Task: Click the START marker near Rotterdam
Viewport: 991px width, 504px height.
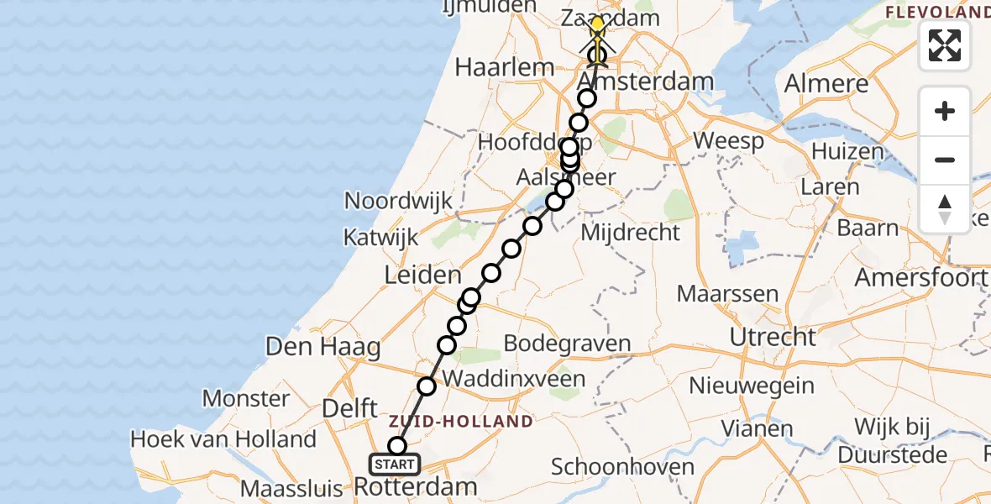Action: (395, 464)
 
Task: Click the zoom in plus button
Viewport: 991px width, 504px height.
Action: (945, 112)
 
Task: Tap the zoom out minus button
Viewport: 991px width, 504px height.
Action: (945, 160)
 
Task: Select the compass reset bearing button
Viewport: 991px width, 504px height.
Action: (945, 208)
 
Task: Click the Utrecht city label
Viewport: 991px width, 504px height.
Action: (773, 337)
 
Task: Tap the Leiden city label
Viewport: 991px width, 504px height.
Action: (422, 275)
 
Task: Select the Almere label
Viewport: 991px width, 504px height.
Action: (826, 84)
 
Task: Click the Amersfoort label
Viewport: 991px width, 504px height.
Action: (920, 277)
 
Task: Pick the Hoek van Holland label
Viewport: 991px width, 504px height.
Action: (223, 438)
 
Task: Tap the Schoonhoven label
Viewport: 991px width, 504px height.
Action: (622, 467)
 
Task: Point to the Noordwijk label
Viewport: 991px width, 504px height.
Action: (399, 202)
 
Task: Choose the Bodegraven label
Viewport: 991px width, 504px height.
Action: (567, 343)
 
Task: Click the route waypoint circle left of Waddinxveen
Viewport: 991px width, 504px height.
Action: (427, 386)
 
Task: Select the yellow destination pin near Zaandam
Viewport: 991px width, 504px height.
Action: (597, 25)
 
